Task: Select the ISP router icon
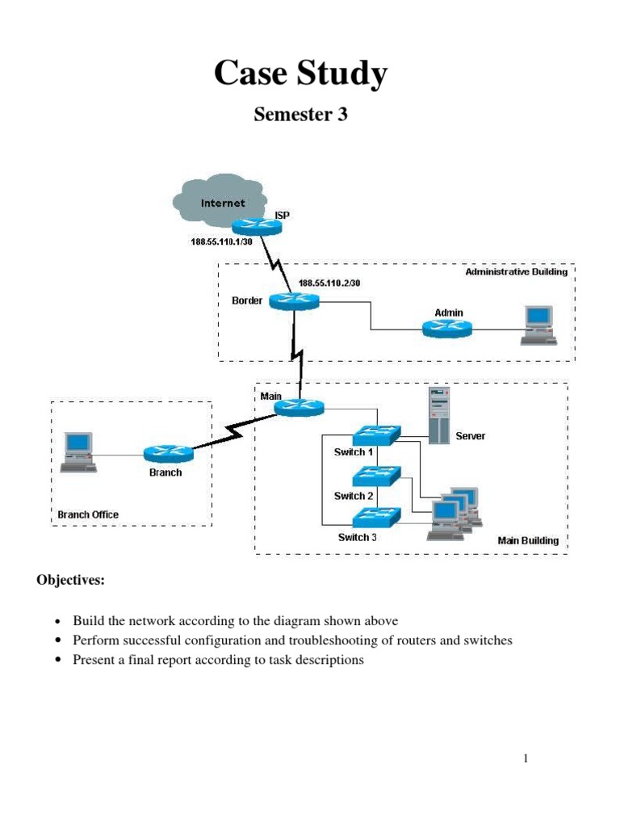pos(258,227)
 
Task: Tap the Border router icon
pos(295,301)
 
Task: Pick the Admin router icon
pos(446,327)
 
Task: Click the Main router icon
pos(299,408)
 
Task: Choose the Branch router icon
pos(168,455)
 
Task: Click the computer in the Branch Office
pos(79,451)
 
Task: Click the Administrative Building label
pos(516,272)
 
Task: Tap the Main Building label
pos(527,540)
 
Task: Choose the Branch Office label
pos(88,514)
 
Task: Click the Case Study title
pos(300,74)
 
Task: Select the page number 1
pos(525,758)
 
